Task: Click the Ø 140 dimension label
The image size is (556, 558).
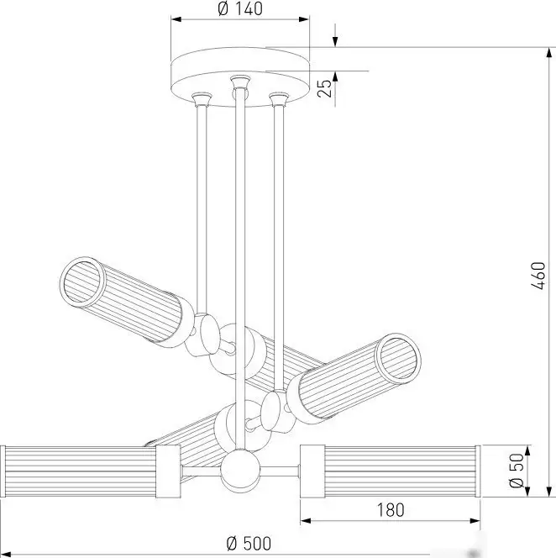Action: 239,9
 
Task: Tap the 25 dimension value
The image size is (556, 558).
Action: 324,88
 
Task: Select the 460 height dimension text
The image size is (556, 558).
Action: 538,276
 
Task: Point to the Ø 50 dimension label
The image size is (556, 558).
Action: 517,471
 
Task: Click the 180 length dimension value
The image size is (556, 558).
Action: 391,510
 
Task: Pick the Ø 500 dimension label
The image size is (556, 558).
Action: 249,544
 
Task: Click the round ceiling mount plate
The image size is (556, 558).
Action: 240,76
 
